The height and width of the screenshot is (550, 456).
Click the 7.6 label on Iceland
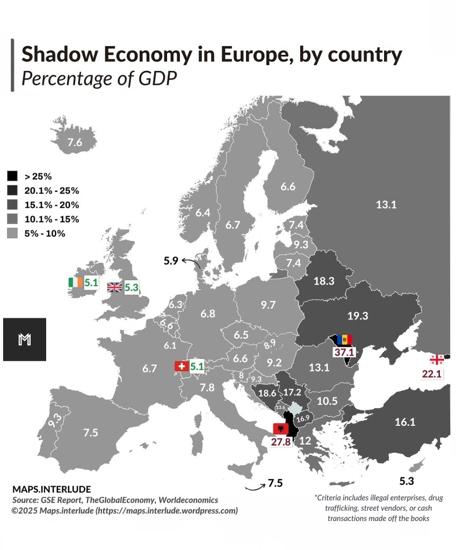(75, 143)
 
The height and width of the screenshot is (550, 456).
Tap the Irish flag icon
(75, 283)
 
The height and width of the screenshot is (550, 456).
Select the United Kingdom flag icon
(115, 287)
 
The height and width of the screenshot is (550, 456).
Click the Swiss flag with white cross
(182, 366)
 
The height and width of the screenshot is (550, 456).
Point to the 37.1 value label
(343, 352)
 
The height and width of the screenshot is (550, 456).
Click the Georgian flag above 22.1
(437, 359)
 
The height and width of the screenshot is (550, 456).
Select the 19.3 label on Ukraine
(358, 316)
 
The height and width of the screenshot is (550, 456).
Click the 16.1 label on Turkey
(404, 422)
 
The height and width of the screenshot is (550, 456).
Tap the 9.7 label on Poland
(268, 305)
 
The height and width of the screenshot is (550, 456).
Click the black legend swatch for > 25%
(12, 176)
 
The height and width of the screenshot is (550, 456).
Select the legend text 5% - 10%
(45, 234)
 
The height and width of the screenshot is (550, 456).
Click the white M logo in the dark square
(24, 339)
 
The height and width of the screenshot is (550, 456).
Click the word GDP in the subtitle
(158, 78)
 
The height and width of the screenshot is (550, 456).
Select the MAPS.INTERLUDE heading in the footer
(52, 489)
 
